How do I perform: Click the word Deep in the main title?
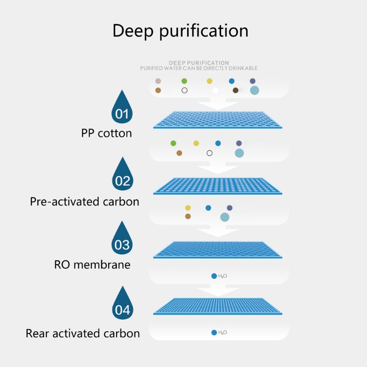[x=133, y=31]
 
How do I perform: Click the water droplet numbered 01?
[x=122, y=109]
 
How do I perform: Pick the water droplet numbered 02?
[x=122, y=176]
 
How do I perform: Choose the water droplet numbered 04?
[x=122, y=306]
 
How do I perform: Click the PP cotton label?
[x=106, y=133]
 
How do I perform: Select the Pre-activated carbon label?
[x=84, y=201]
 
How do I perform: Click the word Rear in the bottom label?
[x=38, y=333]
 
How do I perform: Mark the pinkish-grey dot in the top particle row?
[x=158, y=81]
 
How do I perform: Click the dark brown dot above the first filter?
[x=235, y=90]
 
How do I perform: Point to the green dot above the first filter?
[x=184, y=81]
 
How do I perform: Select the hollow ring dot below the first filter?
[x=210, y=153]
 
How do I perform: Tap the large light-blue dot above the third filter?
[x=224, y=217]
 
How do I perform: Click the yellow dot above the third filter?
[x=188, y=208]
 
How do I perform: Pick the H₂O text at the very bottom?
[x=222, y=333]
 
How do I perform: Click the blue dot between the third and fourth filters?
[x=214, y=276]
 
